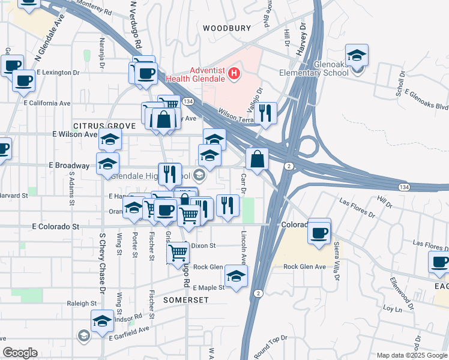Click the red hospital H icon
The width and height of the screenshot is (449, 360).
point(235,75)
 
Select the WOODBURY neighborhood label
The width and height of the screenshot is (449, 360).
point(226,28)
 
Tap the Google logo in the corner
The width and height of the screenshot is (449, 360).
point(20,353)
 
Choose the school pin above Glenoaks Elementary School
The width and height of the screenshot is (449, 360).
point(357,56)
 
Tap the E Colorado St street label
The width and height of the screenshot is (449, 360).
point(56,227)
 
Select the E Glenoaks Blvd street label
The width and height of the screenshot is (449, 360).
point(426,100)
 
